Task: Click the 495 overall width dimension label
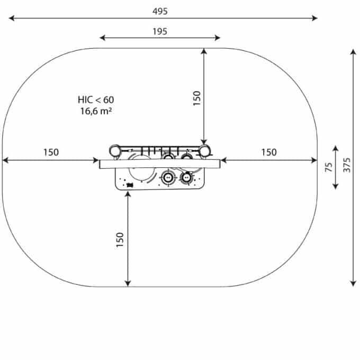point(160,11)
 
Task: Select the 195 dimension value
point(160,31)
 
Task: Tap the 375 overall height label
point(347,165)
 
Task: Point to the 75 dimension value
point(329,167)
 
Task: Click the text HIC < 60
point(96,100)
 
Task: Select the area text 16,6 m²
point(96,111)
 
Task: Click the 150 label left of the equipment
point(51,152)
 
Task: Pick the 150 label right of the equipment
point(269,152)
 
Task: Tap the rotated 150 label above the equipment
point(197,98)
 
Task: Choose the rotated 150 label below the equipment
point(120,240)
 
